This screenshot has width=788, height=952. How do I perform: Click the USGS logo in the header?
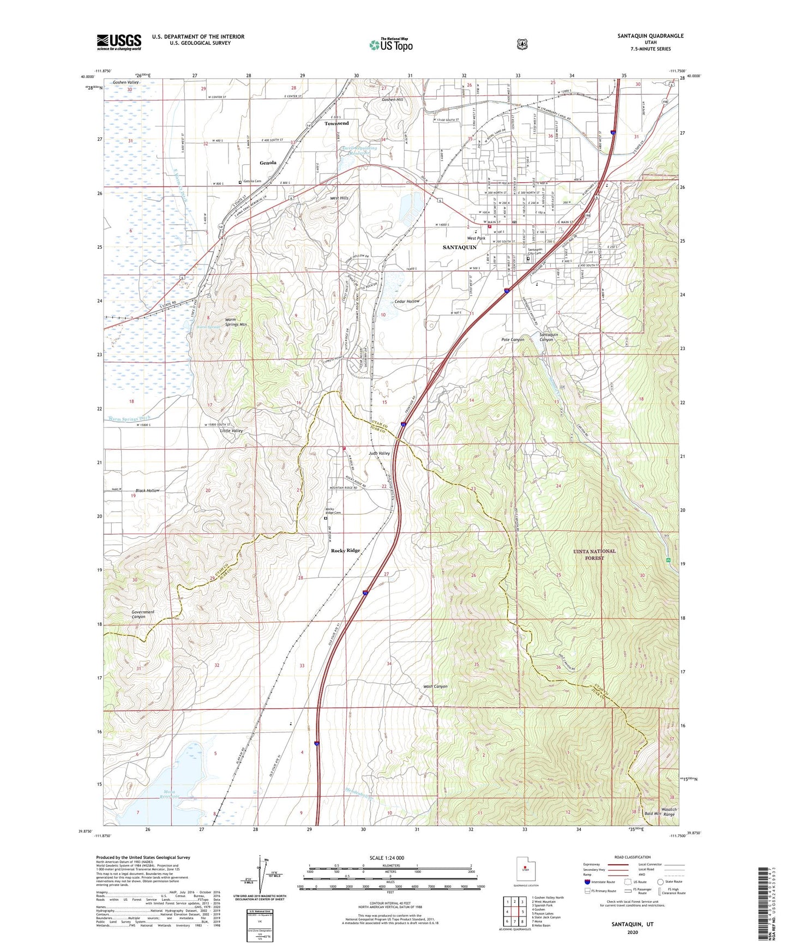[119, 42]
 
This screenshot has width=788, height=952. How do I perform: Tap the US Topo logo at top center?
[390, 45]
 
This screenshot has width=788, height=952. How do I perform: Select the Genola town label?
[268, 162]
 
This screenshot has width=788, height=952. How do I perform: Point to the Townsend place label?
[336, 123]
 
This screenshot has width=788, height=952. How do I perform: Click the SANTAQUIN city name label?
[459, 247]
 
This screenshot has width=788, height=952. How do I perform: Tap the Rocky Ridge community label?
[346, 551]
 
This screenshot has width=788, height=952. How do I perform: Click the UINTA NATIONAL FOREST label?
[594, 554]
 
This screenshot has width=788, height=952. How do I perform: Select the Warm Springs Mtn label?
[236, 322]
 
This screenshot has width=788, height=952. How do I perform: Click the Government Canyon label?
[143, 614]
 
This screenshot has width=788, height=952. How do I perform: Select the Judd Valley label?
[379, 453]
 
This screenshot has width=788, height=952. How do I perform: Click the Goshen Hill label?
[392, 100]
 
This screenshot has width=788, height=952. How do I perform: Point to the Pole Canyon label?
[513, 340]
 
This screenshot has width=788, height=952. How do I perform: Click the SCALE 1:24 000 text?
[387, 858]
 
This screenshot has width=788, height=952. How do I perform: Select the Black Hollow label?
[148, 490]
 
